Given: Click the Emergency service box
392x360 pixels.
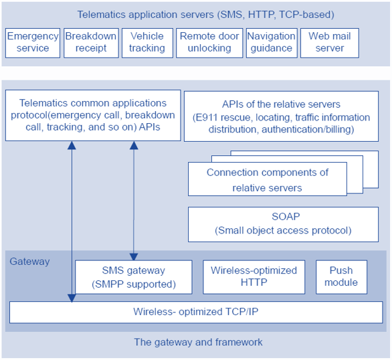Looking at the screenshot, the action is click(x=33, y=43).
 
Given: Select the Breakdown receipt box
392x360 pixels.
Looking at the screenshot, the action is click(x=91, y=43).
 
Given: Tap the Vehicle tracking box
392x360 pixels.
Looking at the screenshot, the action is click(x=147, y=43).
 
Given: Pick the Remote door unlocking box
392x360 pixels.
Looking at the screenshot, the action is click(x=209, y=43).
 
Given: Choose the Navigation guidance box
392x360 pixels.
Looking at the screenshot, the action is click(x=272, y=43).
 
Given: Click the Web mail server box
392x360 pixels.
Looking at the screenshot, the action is click(x=330, y=43).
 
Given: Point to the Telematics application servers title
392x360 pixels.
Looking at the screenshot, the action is click(x=205, y=15).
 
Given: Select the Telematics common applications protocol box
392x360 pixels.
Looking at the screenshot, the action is click(x=93, y=115).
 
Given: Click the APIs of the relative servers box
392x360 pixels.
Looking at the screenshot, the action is click(x=281, y=116).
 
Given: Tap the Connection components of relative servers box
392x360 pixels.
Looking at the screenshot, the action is click(x=268, y=179).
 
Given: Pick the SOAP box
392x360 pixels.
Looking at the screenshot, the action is click(x=283, y=224).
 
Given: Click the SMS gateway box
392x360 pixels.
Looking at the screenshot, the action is click(x=134, y=277).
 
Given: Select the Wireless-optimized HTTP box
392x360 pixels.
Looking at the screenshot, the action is click(x=254, y=277).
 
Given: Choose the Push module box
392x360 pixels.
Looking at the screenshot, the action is click(x=341, y=277).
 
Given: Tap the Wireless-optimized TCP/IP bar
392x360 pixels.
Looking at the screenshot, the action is click(x=196, y=312).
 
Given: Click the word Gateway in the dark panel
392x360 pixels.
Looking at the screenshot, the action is click(x=29, y=262).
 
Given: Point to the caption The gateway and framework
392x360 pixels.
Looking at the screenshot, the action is click(x=198, y=342).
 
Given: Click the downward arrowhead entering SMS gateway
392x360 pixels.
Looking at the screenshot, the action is click(x=134, y=257).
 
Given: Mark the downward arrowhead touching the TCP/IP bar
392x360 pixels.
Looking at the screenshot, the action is click(x=72, y=298).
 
